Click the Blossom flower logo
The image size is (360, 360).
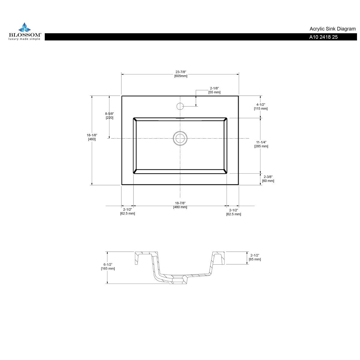25,27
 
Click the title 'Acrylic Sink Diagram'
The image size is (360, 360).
332,29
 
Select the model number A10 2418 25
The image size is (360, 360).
323,37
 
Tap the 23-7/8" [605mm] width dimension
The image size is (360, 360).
181,74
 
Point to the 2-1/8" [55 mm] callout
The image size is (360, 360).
214,90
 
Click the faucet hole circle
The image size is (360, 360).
180,106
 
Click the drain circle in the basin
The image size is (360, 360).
180,138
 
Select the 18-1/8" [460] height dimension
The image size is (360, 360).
92,137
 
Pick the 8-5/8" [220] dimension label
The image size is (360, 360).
109,115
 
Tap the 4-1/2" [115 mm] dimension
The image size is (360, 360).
261,106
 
